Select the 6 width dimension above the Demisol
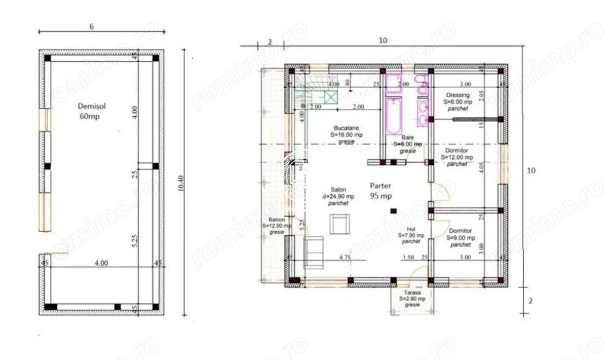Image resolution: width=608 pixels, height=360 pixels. [91, 27]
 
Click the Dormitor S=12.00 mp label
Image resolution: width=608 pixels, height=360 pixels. [457, 157]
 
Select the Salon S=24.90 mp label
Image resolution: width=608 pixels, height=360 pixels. [338, 196]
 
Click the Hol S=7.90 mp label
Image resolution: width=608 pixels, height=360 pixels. [411, 235]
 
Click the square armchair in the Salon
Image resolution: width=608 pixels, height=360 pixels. [339, 224]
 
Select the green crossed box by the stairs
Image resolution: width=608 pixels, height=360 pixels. [331, 97]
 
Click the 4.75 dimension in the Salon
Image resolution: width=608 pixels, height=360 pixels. [345, 258]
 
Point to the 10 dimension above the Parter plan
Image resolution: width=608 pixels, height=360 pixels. [383, 41]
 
